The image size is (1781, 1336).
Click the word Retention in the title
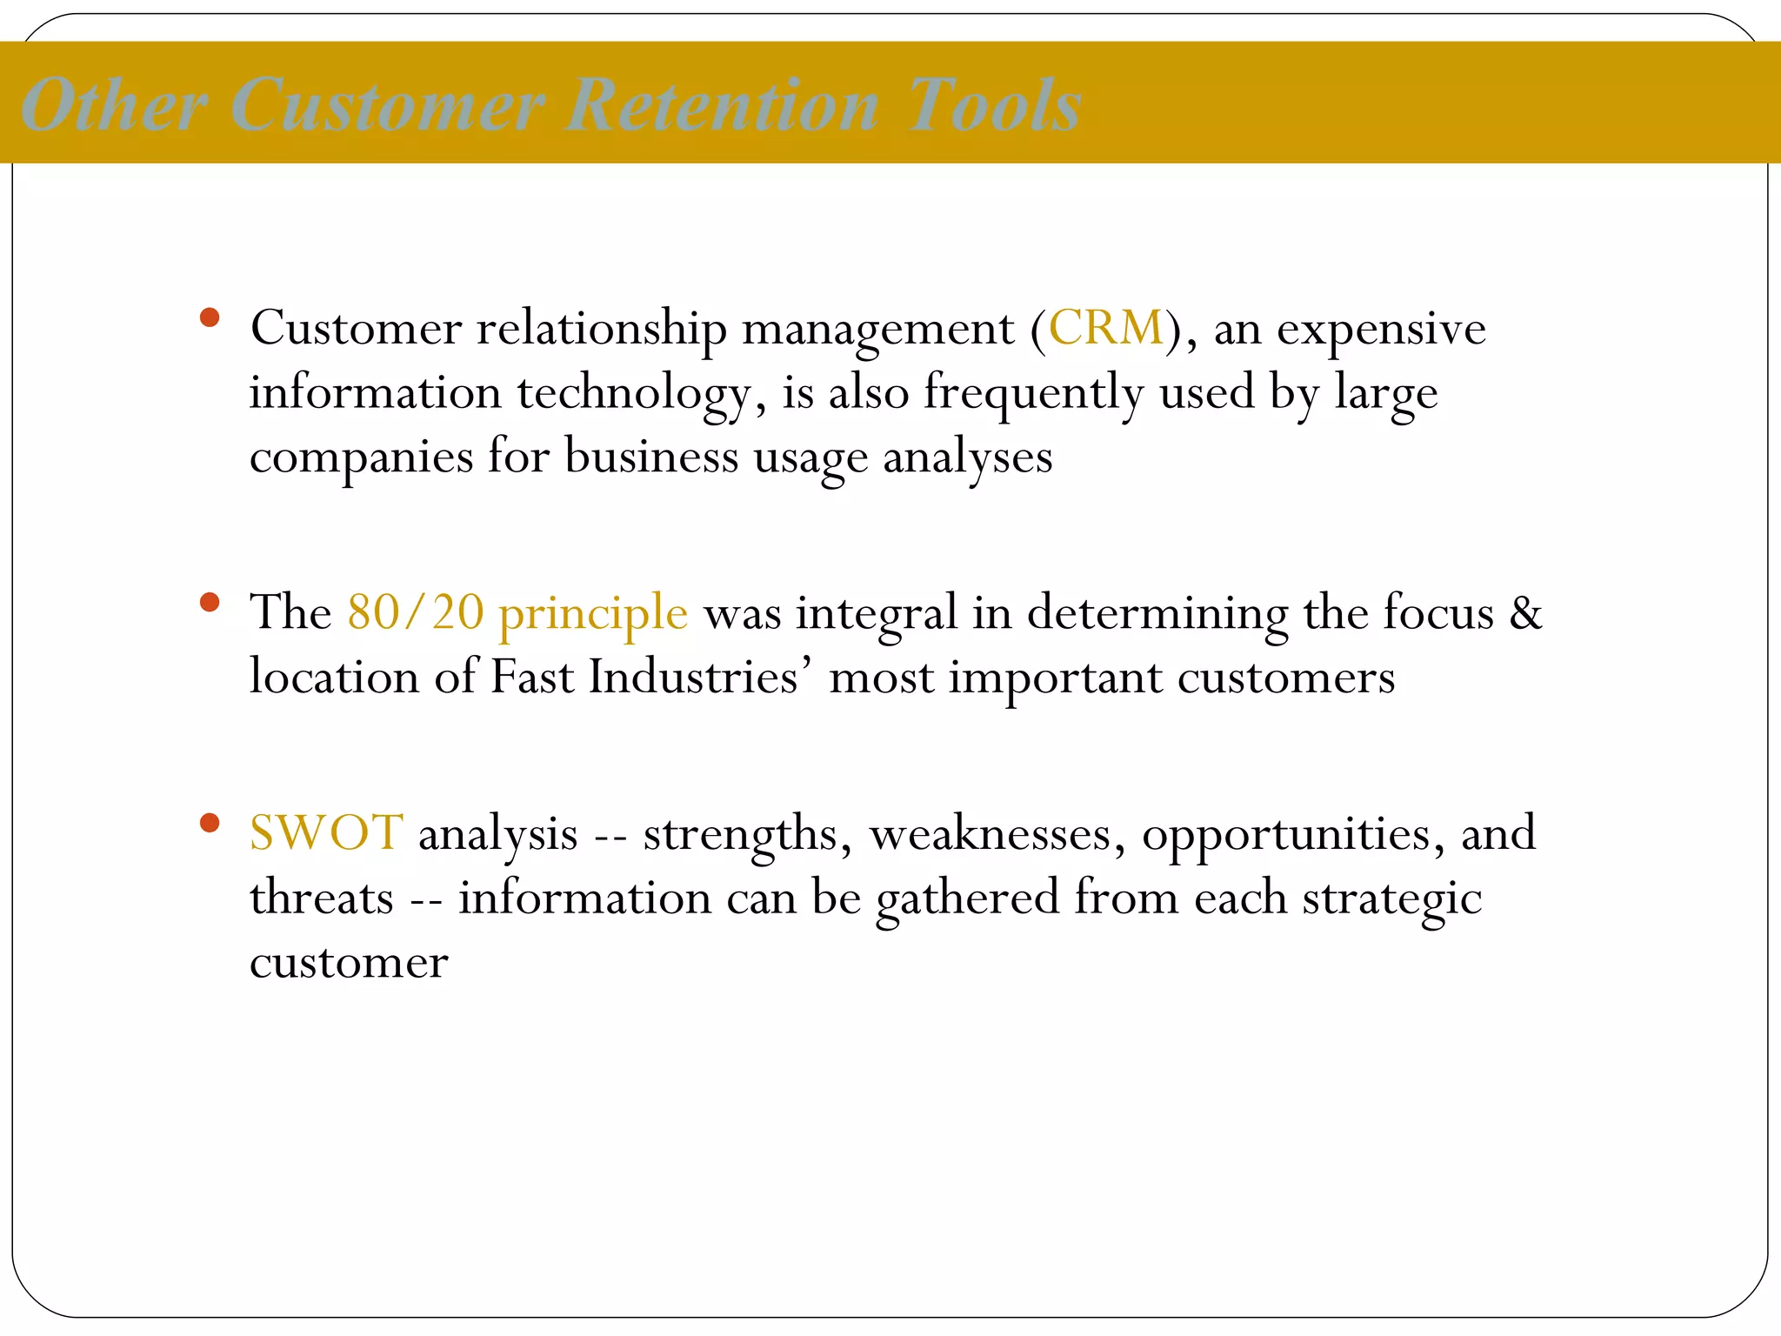[x=722, y=106]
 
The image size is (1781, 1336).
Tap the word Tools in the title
[x=993, y=106]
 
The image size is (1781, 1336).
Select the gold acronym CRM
[x=1106, y=329]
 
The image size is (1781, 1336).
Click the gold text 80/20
[x=415, y=612]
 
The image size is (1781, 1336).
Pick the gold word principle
[x=593, y=614]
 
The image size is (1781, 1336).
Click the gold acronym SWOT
[x=326, y=833]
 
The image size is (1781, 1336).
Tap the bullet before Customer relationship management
[x=209, y=317]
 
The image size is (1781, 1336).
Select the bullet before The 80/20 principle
[x=209, y=602]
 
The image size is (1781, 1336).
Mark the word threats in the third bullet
[x=321, y=898]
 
